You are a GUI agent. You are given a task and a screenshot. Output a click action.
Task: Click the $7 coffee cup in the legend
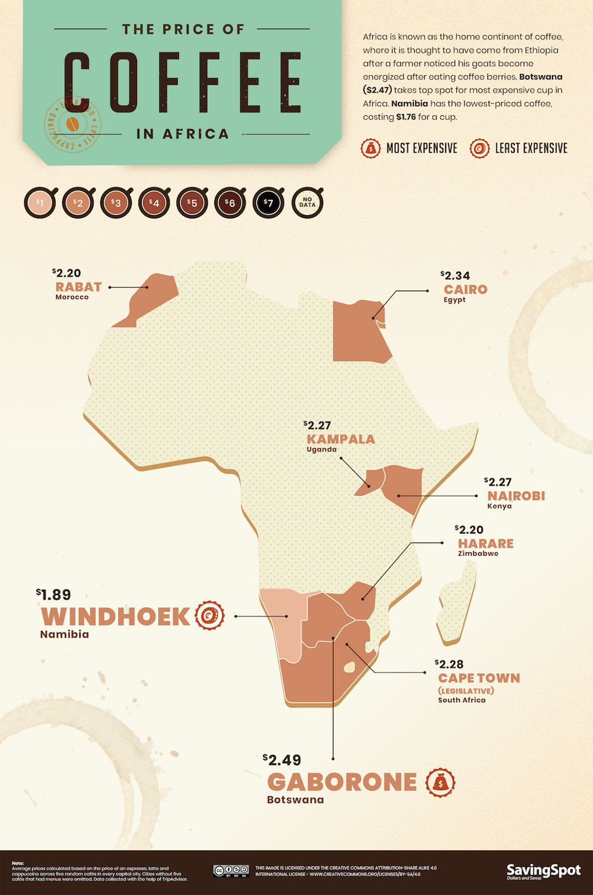click(268, 203)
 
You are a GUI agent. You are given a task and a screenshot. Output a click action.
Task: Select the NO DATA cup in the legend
click(307, 203)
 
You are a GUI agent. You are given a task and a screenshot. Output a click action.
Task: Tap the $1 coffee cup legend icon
click(40, 203)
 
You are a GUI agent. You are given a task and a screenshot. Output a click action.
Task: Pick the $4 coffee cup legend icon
click(154, 203)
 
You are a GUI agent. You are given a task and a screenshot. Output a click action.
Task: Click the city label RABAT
click(78, 287)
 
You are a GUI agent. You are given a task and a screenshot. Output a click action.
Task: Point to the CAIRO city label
click(466, 290)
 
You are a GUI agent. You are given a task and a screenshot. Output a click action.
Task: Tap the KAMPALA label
click(341, 439)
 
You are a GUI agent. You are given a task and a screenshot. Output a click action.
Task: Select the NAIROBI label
click(516, 496)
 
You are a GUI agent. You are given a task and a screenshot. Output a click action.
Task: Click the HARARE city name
click(485, 543)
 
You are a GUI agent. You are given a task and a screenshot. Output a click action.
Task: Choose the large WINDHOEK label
click(115, 616)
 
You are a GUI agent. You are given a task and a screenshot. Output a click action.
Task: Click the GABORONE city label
click(342, 782)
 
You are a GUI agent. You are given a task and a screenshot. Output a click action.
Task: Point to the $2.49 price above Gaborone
click(282, 760)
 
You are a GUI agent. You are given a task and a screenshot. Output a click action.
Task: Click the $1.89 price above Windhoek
click(53, 595)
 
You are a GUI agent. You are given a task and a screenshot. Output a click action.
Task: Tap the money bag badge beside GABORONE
click(440, 783)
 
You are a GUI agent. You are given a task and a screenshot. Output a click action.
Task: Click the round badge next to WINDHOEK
click(210, 616)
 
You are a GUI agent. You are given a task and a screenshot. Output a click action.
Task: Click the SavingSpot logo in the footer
click(543, 871)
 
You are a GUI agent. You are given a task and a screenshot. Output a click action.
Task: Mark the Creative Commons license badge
click(230, 871)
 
